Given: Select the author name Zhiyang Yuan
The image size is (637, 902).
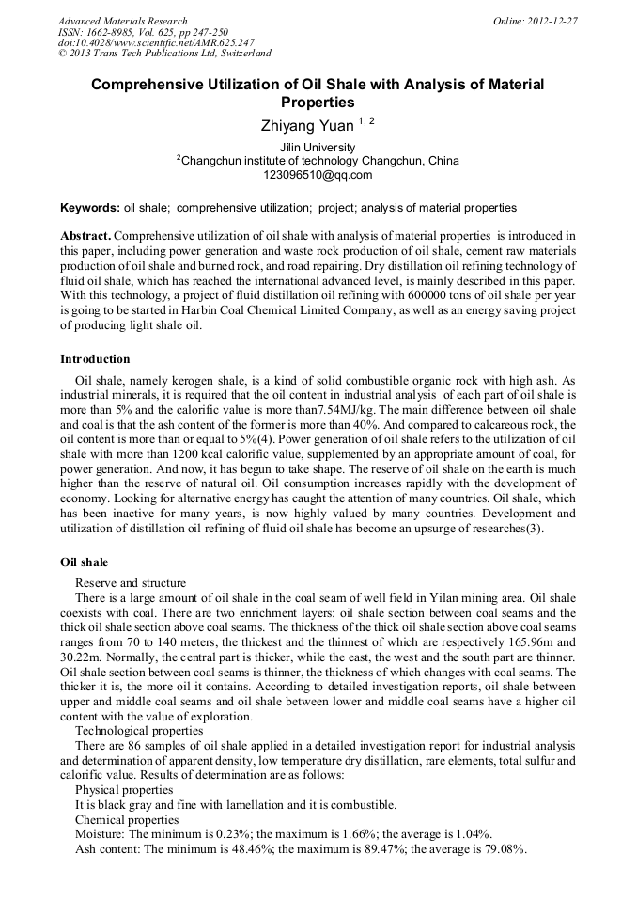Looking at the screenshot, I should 306,124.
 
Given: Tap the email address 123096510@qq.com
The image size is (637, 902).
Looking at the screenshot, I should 318,175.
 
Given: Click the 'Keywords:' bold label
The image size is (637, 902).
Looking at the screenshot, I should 90,207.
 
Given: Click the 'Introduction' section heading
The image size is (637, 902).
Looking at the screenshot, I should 95,359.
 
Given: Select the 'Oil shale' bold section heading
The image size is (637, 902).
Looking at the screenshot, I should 84,562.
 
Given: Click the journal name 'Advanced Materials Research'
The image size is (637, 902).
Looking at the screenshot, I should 122,21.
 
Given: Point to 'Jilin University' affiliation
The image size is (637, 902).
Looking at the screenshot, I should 318,148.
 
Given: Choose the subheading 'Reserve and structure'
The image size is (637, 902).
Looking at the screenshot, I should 131,583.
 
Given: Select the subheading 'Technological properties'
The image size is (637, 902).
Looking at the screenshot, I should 138,730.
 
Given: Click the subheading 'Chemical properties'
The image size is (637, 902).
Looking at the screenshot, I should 120,820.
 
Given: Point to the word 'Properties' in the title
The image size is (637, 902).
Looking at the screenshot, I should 318,103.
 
